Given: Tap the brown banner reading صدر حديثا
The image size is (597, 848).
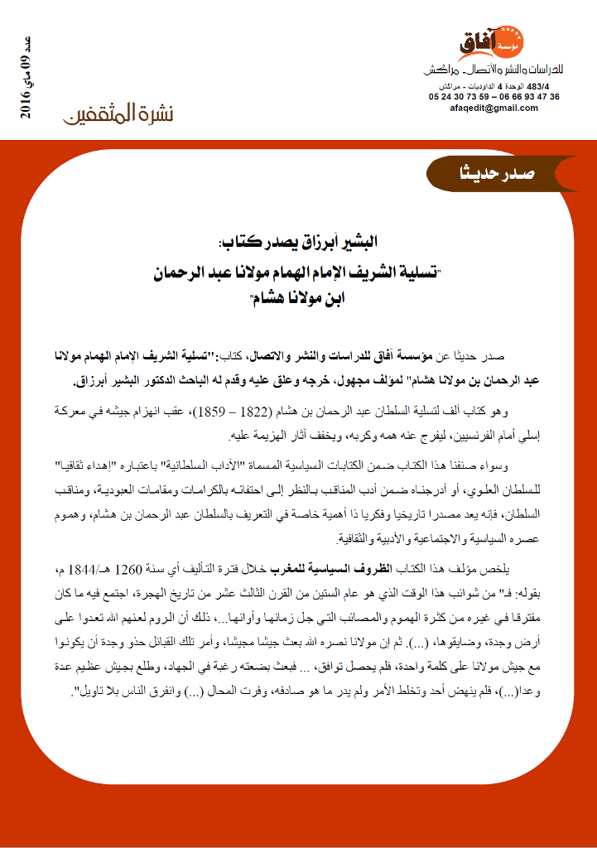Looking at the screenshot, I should click(x=497, y=174).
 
